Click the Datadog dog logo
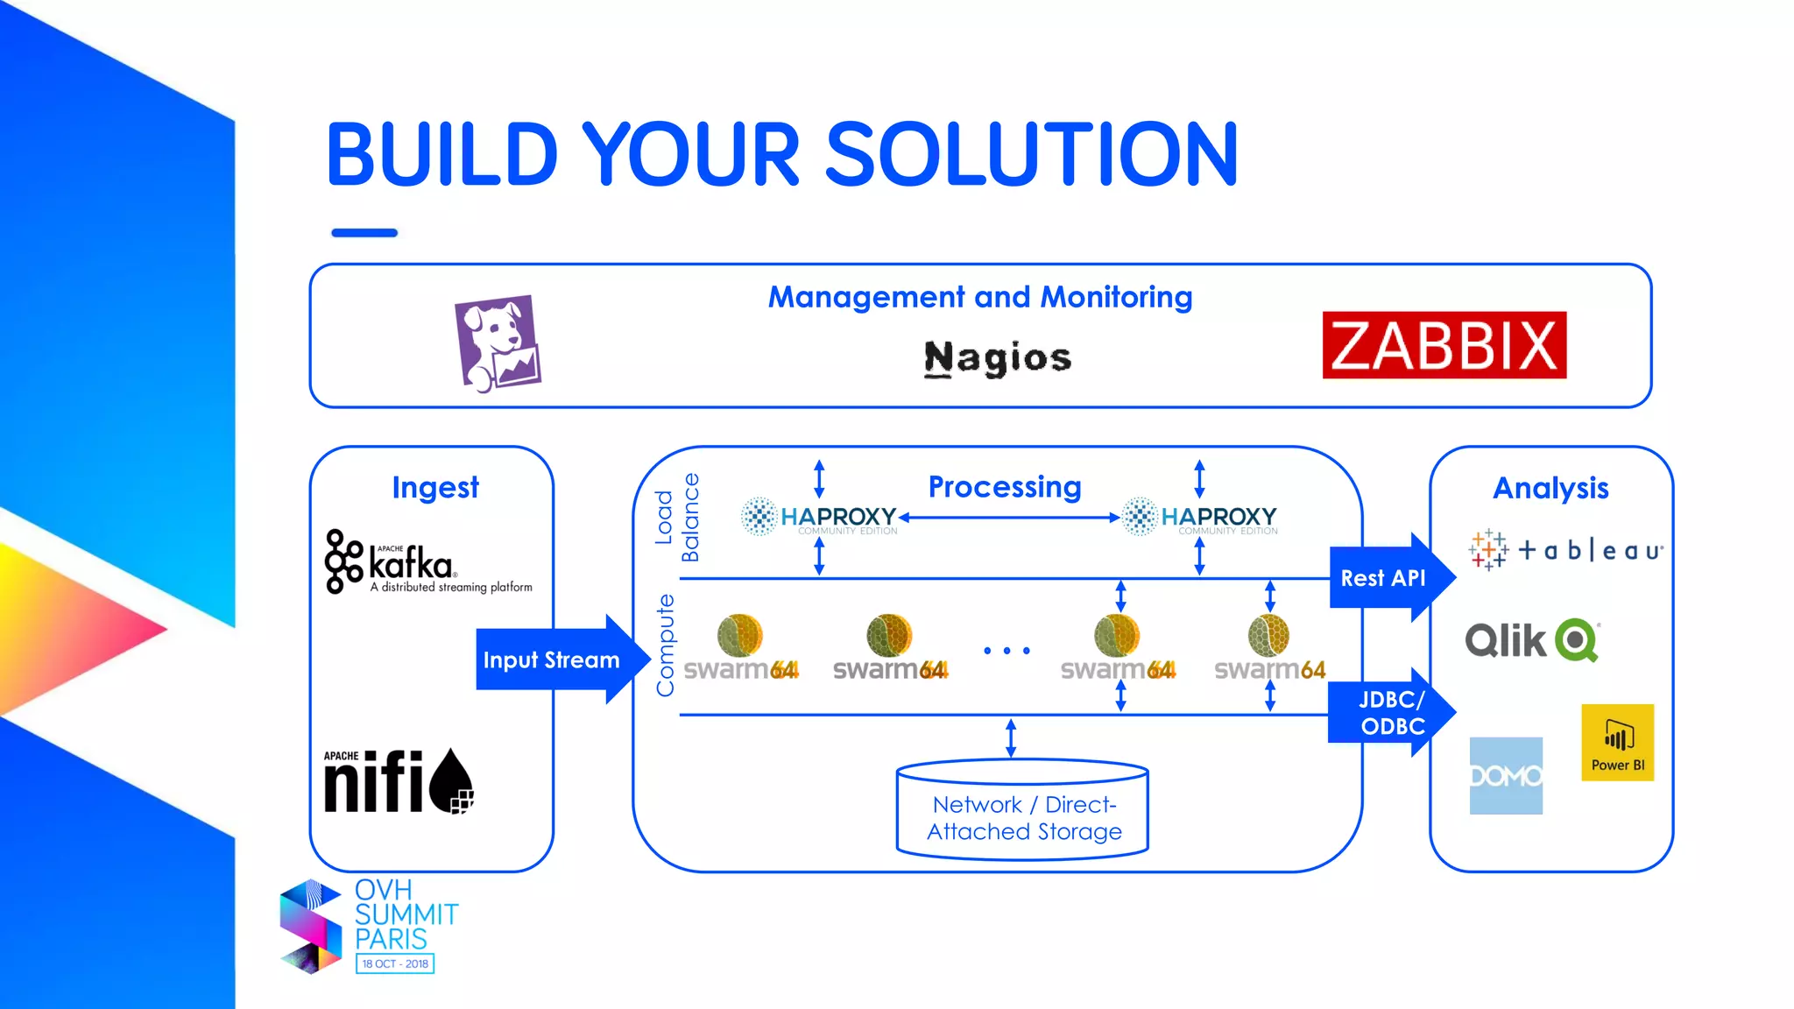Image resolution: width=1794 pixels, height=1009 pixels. click(x=498, y=343)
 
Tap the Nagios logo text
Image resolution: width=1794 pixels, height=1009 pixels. click(x=998, y=358)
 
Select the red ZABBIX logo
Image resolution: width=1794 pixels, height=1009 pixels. click(x=1444, y=345)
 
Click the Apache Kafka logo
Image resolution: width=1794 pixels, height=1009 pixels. click(x=427, y=562)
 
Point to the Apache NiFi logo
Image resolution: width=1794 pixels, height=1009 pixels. click(x=399, y=781)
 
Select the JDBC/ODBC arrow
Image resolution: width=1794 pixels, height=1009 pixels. click(x=1388, y=712)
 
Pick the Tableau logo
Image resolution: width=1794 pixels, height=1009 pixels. click(x=1565, y=550)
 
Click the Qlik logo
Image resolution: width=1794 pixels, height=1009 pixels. click(x=1532, y=640)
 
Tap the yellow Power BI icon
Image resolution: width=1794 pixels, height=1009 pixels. click(x=1617, y=742)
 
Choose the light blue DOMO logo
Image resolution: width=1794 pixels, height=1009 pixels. click(x=1505, y=776)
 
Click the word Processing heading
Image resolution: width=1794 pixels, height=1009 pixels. click(x=1005, y=487)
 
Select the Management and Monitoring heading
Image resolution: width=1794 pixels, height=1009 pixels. click(x=980, y=297)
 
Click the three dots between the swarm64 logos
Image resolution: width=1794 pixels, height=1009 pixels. click(x=1006, y=651)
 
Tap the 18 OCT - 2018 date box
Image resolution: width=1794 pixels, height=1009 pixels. click(x=395, y=963)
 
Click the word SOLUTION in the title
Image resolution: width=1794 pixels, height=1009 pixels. click(x=1032, y=155)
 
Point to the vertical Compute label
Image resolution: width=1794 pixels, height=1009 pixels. click(x=666, y=646)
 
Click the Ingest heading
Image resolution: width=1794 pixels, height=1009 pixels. click(x=435, y=488)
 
